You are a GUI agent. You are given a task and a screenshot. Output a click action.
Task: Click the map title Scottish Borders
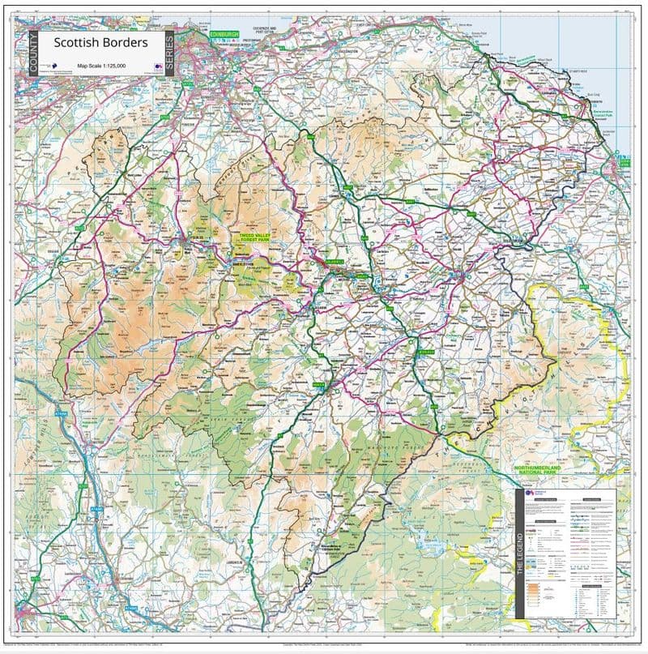[100, 42]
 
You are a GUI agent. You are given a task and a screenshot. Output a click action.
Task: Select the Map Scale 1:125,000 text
[100, 64]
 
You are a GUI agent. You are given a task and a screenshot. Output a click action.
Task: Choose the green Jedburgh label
[427, 353]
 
